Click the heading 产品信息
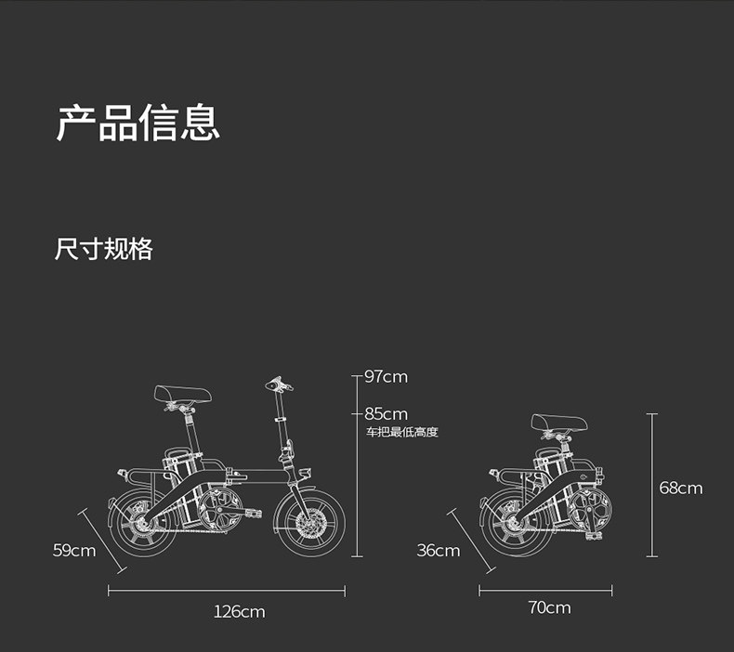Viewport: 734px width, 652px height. coord(138,124)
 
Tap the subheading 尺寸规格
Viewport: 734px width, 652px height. coord(103,249)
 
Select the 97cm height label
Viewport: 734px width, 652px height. coord(386,377)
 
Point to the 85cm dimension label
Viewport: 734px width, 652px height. coord(386,413)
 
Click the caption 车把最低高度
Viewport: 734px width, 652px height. coord(400,432)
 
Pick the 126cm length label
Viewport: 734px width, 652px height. coord(239,611)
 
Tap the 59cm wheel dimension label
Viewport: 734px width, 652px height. coord(74,551)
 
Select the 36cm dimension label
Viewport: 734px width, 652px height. coord(438,551)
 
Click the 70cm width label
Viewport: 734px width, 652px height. coord(549,607)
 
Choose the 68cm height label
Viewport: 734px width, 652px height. coord(681,488)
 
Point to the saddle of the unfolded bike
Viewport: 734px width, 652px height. coord(182,395)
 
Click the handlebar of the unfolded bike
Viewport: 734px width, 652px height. coord(277,383)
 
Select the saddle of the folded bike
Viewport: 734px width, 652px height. coord(558,424)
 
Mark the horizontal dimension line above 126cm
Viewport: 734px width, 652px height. coord(226,591)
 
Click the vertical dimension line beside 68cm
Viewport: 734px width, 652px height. coord(651,485)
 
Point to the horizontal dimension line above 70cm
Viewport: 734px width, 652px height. coord(545,591)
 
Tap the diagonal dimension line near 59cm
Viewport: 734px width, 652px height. coord(102,540)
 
